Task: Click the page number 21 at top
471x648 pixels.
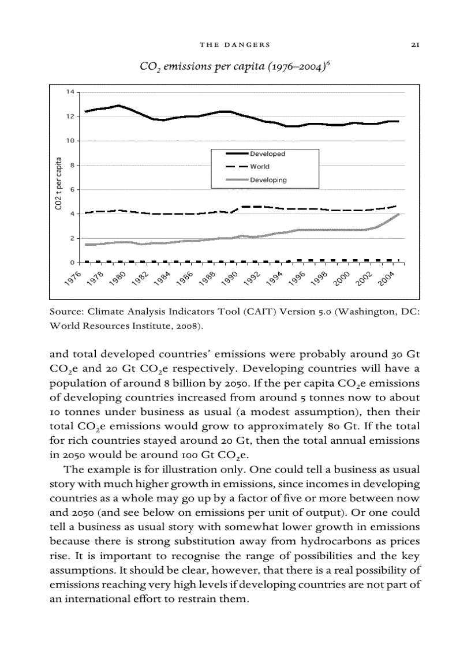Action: [414, 44]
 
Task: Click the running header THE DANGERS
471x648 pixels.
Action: [235, 44]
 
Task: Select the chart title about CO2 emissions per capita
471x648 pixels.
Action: [235, 66]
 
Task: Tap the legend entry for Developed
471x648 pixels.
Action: [267, 154]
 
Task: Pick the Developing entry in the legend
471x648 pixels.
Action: [268, 180]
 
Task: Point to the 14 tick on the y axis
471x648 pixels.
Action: [70, 92]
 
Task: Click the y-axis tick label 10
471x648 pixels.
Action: [70, 141]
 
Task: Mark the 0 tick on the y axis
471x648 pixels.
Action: [72, 263]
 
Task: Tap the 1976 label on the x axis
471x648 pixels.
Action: [73, 277]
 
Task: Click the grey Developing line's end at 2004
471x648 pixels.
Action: [398, 214]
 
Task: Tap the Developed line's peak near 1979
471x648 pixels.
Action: [118, 106]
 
